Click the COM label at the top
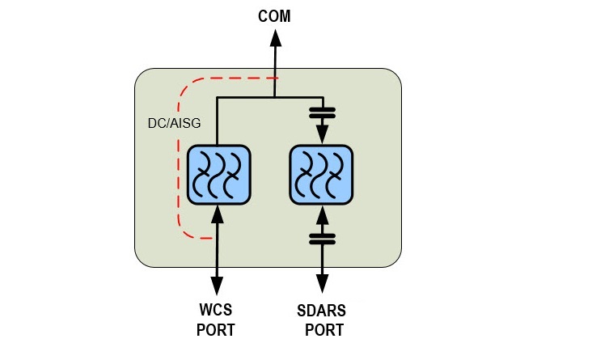pos(274,15)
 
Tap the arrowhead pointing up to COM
pos(275,39)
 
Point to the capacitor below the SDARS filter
pos(322,239)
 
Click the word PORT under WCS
pos(217,330)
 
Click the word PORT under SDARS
pos(324,330)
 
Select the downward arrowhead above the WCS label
pos(217,284)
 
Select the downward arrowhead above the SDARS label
pos(322,284)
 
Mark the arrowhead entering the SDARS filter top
pos(322,137)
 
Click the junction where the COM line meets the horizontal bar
pos(275,96)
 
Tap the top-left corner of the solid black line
pos(217,96)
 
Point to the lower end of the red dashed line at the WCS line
pos(212,238)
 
